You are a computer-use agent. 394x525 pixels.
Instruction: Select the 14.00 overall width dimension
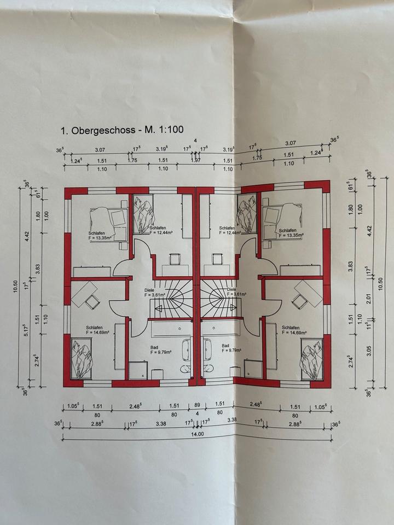pyautogui.click(x=197, y=434)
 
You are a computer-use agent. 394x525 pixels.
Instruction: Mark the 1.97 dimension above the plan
pyautogui.click(x=196, y=160)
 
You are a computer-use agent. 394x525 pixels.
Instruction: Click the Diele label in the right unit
pyautogui.click(x=230, y=290)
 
